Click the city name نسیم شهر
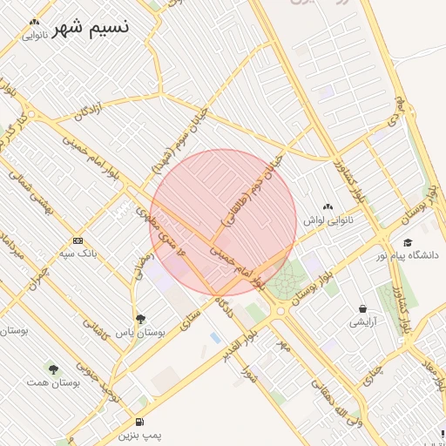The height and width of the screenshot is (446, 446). click(x=91, y=27)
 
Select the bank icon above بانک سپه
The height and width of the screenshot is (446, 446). click(x=78, y=240)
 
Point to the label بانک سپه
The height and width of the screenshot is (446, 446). click(x=78, y=253)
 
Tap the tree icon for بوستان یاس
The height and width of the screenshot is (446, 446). click(x=141, y=319)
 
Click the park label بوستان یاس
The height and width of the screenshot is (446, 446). click(x=142, y=333)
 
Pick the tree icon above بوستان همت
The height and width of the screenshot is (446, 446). click(x=53, y=369)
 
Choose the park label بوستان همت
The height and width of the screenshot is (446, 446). click(x=53, y=382)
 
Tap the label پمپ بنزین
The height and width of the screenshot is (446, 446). click(x=139, y=434)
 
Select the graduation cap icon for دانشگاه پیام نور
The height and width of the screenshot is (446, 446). click(x=408, y=242)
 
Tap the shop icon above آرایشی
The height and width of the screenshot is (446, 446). click(x=362, y=308)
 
